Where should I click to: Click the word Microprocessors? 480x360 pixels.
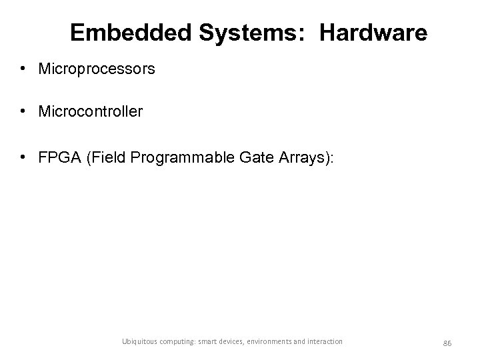[97, 69]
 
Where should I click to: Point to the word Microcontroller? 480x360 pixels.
[91, 111]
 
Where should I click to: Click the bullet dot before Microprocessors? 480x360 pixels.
[23, 69]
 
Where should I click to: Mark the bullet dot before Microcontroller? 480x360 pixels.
[23, 111]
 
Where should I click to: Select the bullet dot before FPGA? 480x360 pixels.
[23, 157]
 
